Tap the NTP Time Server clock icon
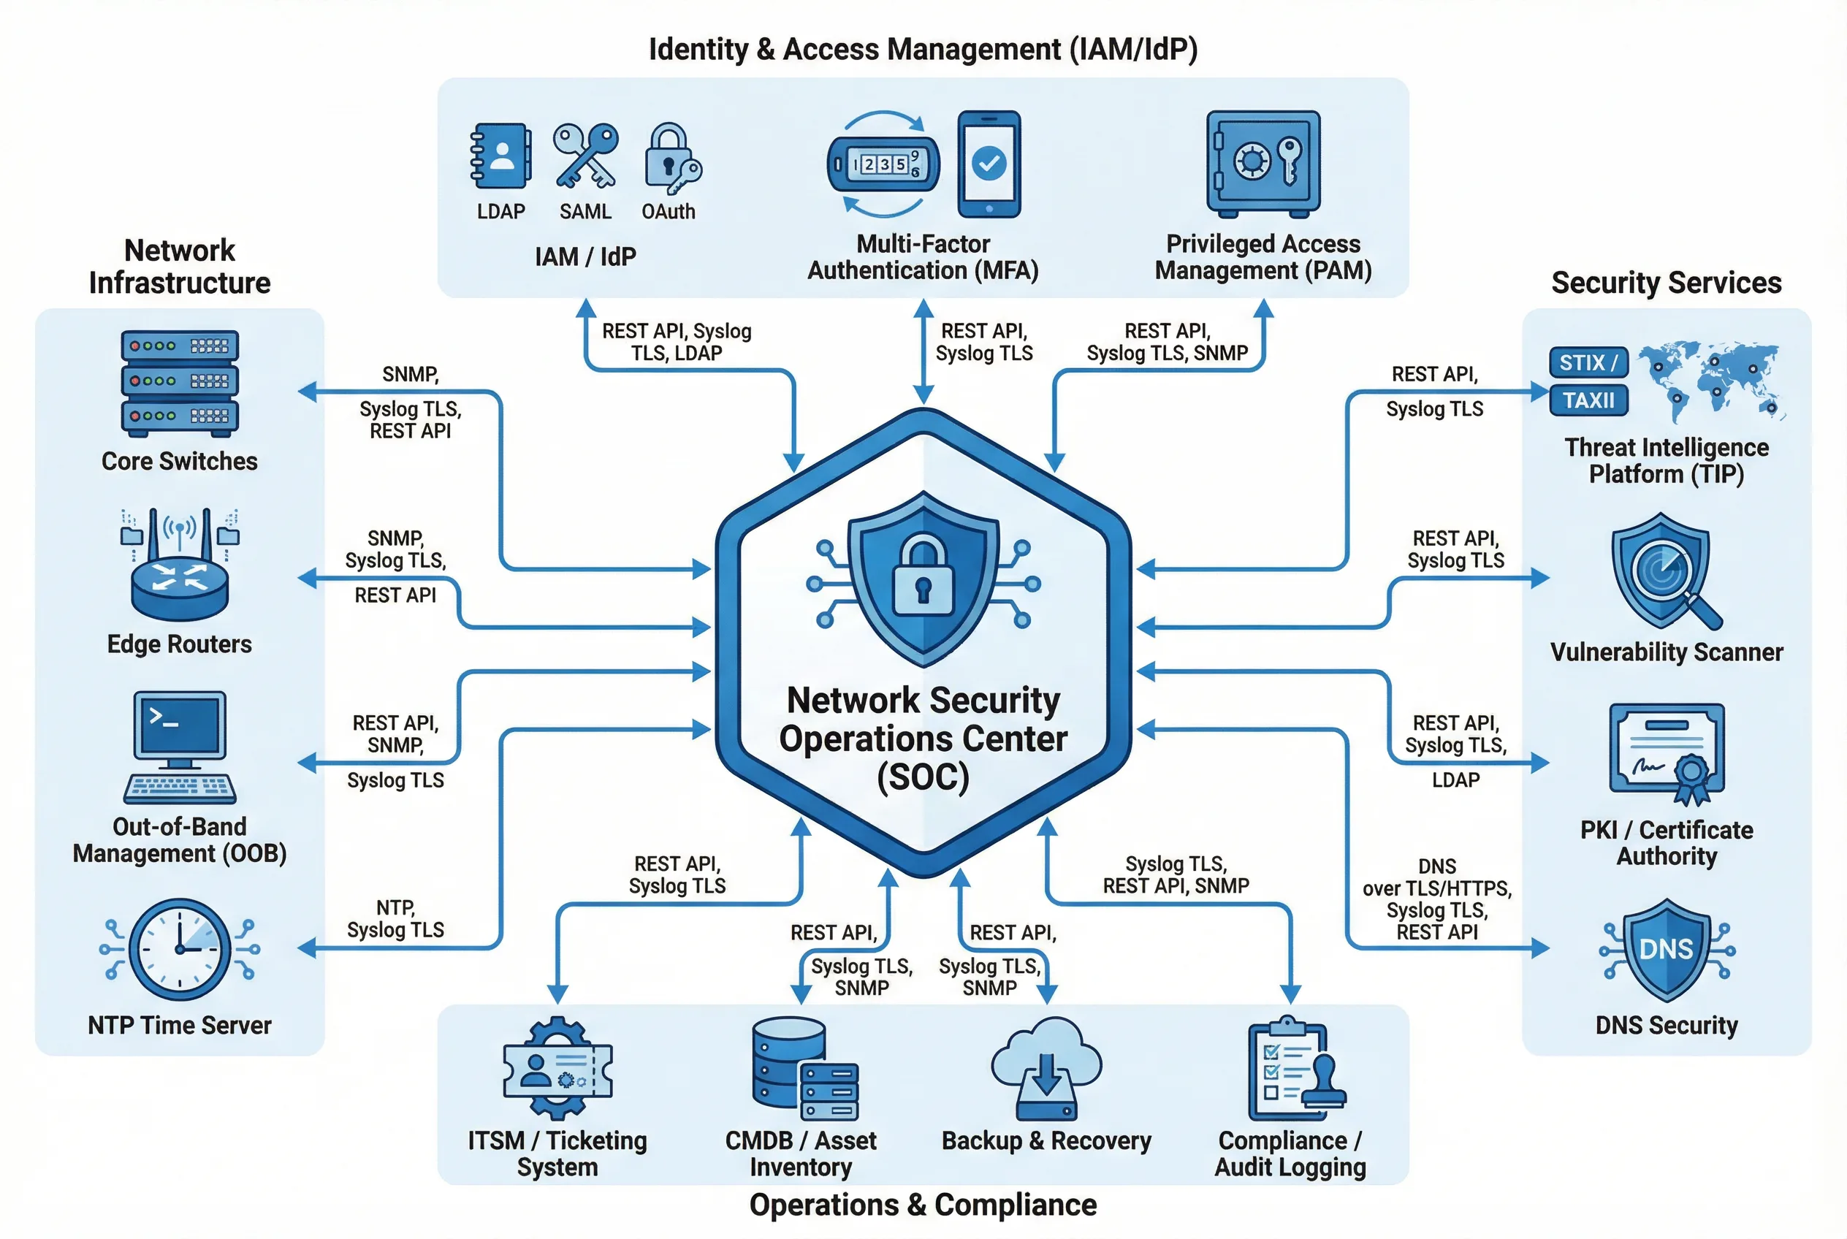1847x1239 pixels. pyautogui.click(x=180, y=949)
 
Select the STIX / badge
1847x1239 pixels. pyautogui.click(x=1587, y=362)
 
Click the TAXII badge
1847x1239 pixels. pyautogui.click(x=1587, y=400)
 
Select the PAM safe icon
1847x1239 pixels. pyautogui.click(x=1263, y=164)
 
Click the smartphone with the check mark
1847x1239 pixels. pyautogui.click(x=988, y=164)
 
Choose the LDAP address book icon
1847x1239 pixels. pyautogui.click(x=500, y=156)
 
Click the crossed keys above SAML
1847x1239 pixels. pyautogui.click(x=584, y=156)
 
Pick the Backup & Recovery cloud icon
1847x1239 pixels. pyautogui.click(x=1046, y=1067)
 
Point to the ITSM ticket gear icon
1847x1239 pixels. pyautogui.click(x=557, y=1067)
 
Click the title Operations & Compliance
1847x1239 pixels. pyautogui.click(x=922, y=1205)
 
